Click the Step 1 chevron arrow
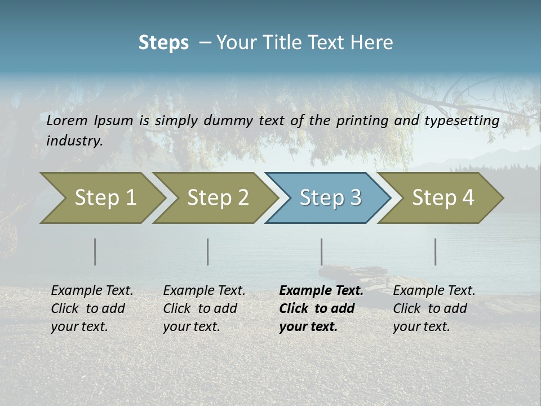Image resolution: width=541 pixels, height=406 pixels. coord(104,197)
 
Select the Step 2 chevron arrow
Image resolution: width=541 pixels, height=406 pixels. coord(217,197)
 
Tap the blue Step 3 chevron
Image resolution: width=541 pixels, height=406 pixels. coord(330,197)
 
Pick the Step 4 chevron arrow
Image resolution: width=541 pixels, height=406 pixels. coord(442,197)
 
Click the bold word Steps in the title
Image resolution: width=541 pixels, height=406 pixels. coord(163,43)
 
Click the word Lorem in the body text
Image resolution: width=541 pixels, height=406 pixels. coord(66,120)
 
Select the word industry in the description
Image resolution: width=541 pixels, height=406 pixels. coord(74,140)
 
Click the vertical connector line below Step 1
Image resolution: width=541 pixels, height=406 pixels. coord(95,251)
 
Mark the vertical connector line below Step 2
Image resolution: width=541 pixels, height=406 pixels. coord(208,251)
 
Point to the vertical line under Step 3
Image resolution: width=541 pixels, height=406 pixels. coord(322,251)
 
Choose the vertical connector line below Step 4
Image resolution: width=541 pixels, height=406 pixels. coord(436,251)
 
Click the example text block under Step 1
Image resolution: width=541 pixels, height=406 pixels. coord(92,308)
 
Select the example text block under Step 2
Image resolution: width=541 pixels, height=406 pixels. coord(204,308)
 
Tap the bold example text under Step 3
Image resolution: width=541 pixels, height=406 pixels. coord(321,308)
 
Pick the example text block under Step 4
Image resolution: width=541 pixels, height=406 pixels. coord(434,308)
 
